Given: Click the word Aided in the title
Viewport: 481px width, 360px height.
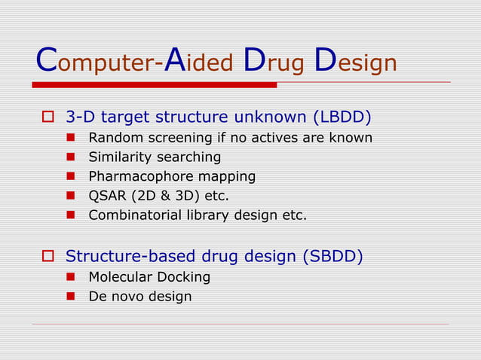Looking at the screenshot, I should (198, 62).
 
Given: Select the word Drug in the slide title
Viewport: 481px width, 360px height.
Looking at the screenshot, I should (274, 62).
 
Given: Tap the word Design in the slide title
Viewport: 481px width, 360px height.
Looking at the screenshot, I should (355, 62).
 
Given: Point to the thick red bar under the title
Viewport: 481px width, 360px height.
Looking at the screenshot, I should (155, 85).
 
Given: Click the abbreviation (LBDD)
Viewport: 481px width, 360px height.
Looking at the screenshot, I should (344, 117).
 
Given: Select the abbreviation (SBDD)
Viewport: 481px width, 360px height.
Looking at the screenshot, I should (332, 257).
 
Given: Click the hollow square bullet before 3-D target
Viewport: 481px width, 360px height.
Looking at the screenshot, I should (47, 117).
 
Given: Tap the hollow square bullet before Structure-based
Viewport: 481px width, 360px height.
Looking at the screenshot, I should (47, 257).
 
